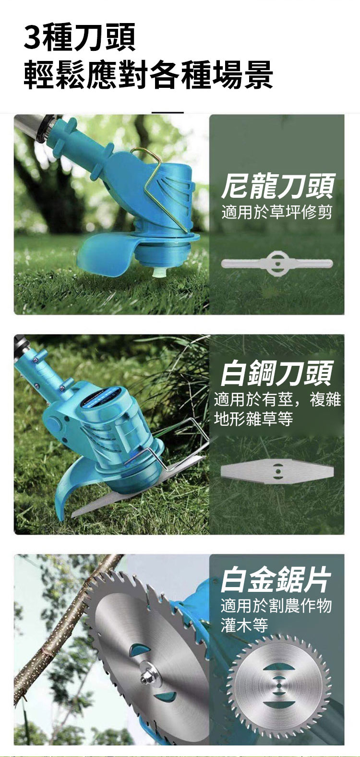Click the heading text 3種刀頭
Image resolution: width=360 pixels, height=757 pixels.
[x=80, y=37]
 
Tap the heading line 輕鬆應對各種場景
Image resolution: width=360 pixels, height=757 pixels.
[x=148, y=75]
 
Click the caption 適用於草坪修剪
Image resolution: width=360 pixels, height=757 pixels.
[x=277, y=212]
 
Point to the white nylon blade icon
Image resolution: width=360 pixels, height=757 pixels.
[x=277, y=263]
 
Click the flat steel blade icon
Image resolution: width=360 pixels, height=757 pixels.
[x=277, y=470]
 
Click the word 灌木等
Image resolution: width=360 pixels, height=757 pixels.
[x=244, y=625]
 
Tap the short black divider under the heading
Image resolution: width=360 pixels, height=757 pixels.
[x=168, y=112]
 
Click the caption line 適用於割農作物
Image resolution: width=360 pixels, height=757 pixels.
[x=276, y=605]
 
